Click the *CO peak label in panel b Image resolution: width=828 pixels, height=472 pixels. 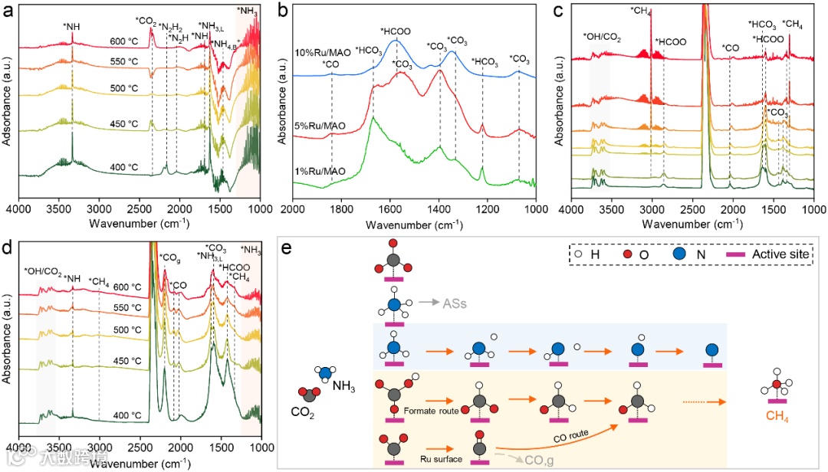[331, 64]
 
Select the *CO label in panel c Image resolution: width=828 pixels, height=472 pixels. [730, 48]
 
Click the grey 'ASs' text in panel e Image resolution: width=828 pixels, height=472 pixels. [455, 304]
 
